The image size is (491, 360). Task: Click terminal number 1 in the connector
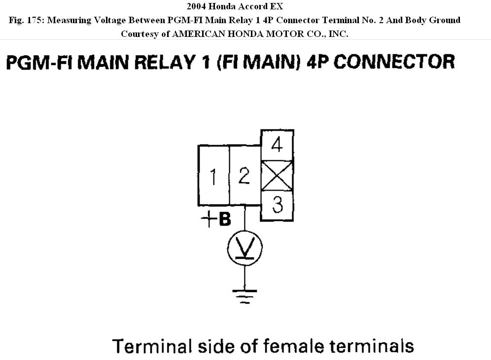click(x=213, y=176)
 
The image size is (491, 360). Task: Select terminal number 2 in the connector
click(x=244, y=175)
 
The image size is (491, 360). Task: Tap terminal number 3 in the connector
click(x=278, y=205)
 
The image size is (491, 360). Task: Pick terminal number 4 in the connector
click(x=277, y=145)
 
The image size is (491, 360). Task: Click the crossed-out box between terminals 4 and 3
click(x=277, y=175)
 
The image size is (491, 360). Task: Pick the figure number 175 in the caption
click(x=34, y=20)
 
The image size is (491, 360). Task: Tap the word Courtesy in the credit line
click(x=139, y=33)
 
